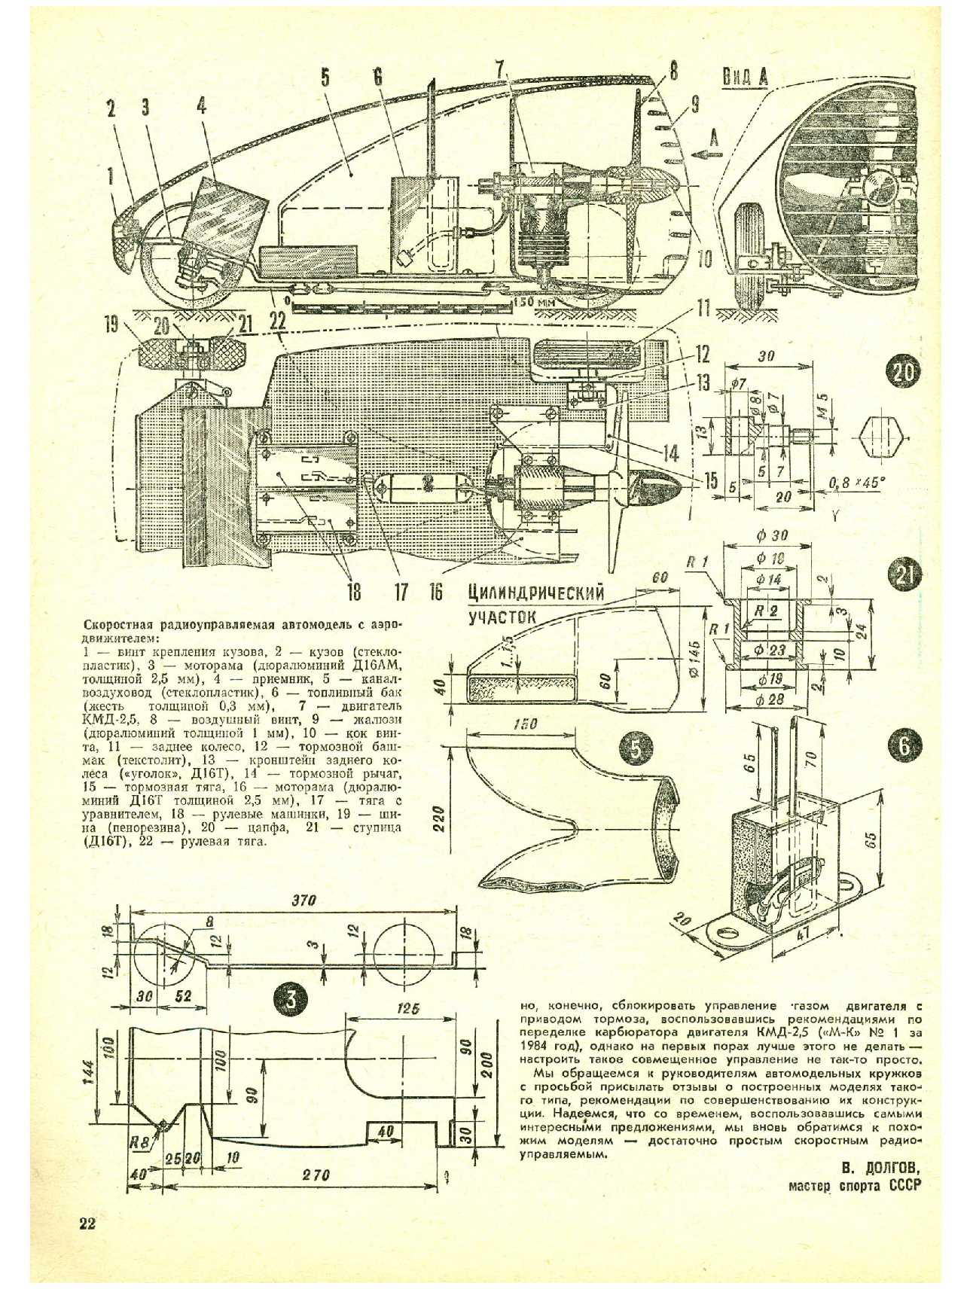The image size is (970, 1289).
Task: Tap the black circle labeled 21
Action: pos(903,578)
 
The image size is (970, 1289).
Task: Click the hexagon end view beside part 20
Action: pos(883,435)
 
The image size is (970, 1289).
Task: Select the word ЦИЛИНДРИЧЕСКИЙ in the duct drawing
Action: pos(535,593)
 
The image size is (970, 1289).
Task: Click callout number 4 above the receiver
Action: pos(201,106)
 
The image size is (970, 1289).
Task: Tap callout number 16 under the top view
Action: pos(435,592)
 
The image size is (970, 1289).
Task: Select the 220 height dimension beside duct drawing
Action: pos(440,816)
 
